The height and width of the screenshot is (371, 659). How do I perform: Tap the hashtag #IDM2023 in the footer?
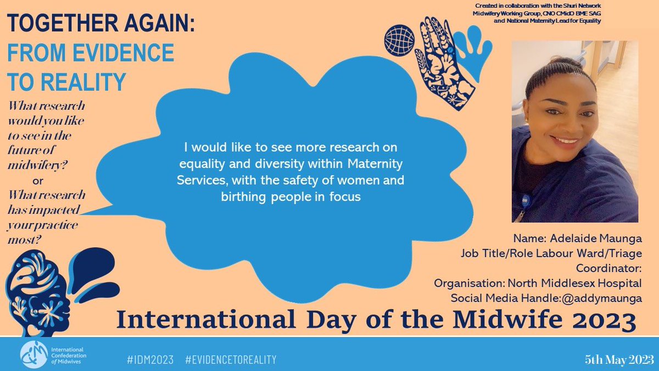click(149, 359)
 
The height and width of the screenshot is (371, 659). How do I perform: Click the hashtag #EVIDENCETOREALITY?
click(231, 359)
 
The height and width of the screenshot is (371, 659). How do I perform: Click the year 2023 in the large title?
click(607, 319)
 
